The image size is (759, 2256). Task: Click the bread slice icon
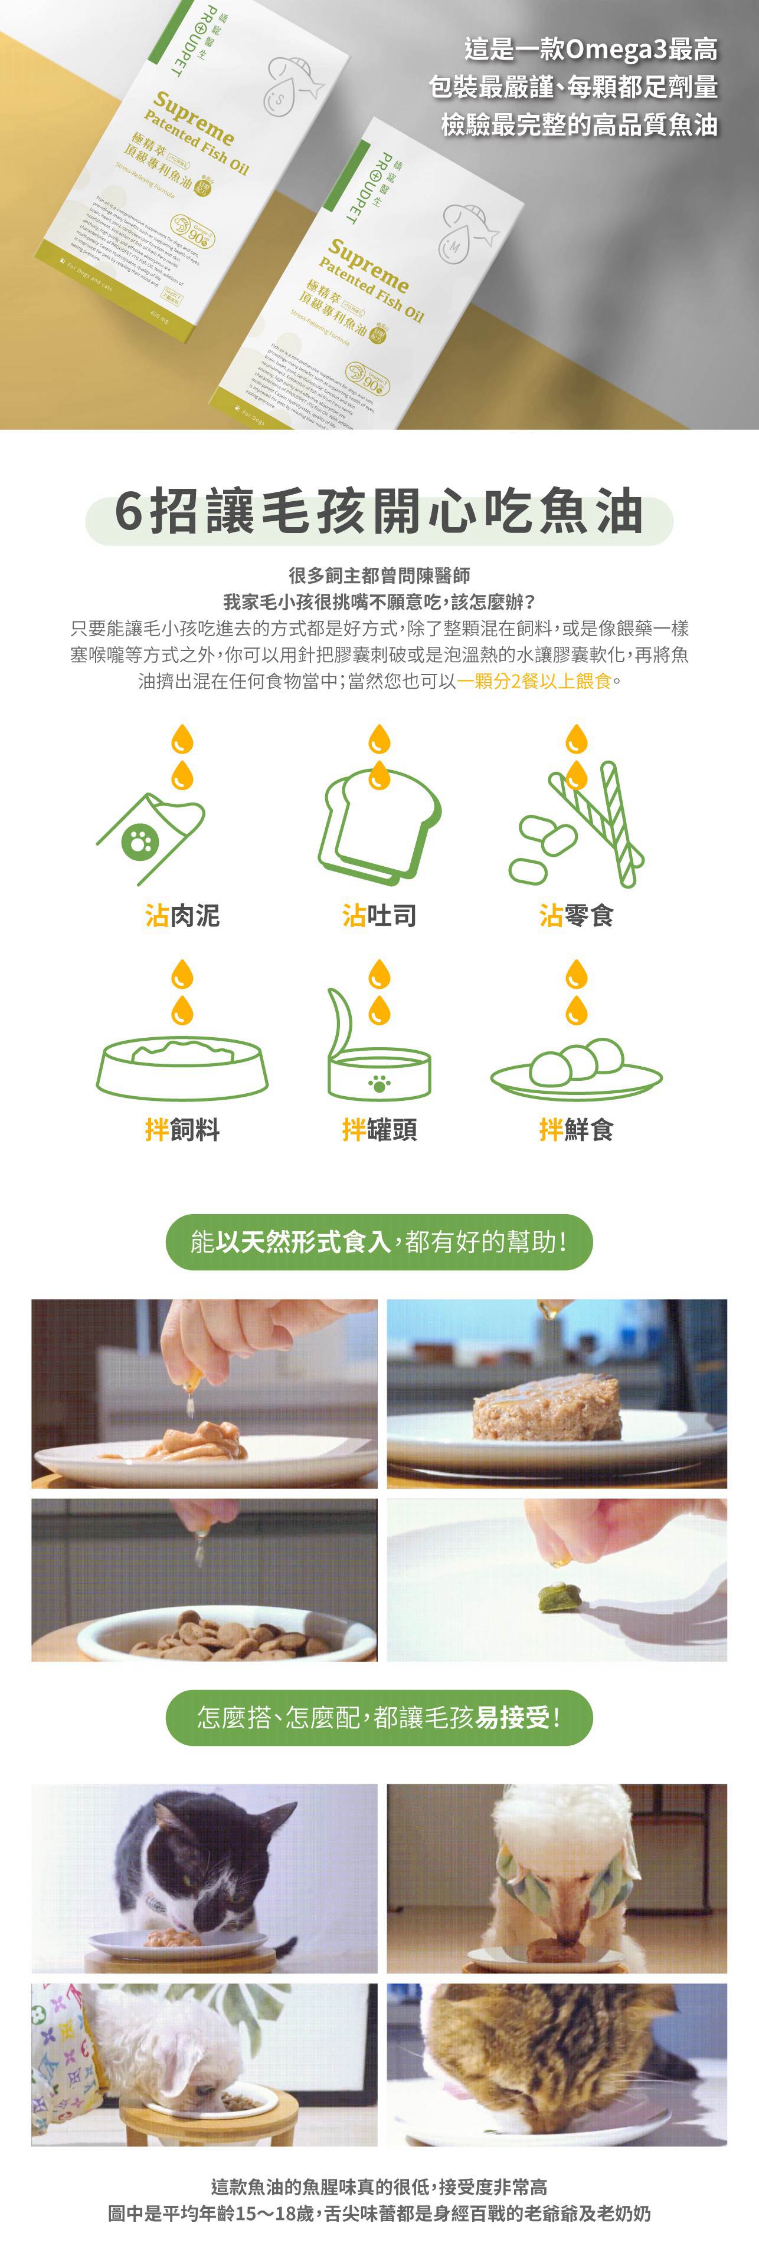pos(379,828)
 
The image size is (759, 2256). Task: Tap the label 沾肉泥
pos(182,916)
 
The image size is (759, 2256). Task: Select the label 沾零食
pos(576,916)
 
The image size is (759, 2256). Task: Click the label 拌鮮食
pos(576,1130)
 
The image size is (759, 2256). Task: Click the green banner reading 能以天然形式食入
pos(379,1242)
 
